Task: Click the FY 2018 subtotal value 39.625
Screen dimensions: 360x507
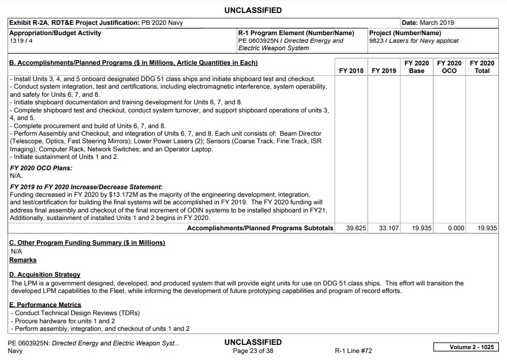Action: click(356, 228)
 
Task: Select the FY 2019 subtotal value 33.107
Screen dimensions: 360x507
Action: click(389, 228)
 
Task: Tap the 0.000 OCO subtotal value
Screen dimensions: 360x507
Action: click(456, 228)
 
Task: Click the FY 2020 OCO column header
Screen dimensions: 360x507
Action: click(449, 67)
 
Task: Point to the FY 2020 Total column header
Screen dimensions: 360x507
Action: click(482, 67)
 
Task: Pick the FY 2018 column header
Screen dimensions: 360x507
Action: click(351, 71)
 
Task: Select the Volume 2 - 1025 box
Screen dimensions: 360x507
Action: click(466, 346)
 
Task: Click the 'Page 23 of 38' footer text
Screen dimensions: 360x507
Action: click(253, 351)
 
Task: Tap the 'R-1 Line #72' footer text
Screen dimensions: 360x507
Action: click(353, 351)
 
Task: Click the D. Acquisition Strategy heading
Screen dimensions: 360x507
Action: click(45, 275)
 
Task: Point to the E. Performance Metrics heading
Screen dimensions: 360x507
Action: click(45, 305)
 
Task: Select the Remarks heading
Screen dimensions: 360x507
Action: click(23, 260)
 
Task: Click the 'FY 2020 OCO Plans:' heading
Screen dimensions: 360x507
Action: click(41, 168)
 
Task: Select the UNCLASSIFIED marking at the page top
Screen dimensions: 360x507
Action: click(253, 10)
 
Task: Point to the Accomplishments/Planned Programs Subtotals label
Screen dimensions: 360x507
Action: click(260, 228)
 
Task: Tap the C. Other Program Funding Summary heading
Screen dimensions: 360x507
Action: click(87, 243)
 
